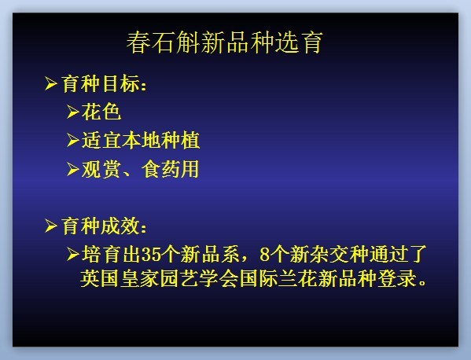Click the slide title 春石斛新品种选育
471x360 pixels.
225,42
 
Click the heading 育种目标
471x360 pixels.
101,83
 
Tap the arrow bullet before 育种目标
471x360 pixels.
51,83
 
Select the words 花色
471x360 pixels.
101,112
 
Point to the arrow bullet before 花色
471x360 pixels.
73,112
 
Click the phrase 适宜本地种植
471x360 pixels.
141,140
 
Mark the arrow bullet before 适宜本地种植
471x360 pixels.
73,140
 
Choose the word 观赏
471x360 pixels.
101,169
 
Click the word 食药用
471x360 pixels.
171,169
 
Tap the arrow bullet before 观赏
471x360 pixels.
73,169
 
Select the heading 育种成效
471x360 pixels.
101,226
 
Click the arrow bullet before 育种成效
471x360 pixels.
51,226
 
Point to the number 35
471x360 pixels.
151,255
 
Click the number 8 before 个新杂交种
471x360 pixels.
264,255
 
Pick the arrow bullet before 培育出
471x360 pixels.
73,255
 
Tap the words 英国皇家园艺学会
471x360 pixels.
159,278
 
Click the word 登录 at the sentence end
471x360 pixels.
397,278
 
